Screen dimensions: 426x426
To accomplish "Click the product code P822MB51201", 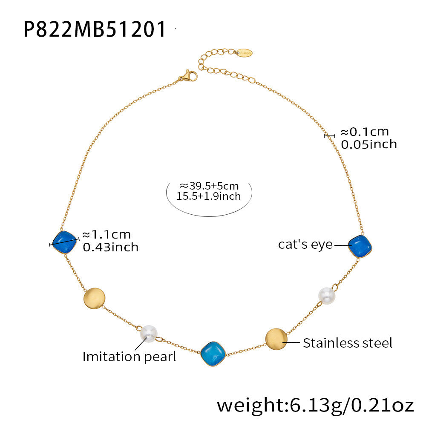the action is tap(95, 29).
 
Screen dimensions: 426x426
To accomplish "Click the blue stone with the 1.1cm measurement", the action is tap(64, 242).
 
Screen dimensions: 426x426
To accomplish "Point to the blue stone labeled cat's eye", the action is tap(360, 246).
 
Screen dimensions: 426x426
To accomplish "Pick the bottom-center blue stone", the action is tap(213, 354).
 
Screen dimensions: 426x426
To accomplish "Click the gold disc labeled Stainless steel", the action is tap(276, 339).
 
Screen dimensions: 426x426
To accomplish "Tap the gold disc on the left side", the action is tap(94, 298).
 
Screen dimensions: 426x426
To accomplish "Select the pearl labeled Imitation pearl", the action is tap(149, 334).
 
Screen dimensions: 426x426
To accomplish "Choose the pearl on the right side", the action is tap(327, 296).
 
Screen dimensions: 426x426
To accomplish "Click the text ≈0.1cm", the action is tap(365, 132).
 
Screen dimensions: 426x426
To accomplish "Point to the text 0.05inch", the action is tap(369, 144).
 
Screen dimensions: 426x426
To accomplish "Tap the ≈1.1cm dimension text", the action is tap(106, 234).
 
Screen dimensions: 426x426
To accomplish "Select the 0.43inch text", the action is tap(111, 247).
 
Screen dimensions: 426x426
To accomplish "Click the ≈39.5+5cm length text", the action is tap(209, 186).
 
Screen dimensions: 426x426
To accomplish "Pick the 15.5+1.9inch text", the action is tap(209, 196).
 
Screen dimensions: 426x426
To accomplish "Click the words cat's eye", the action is tap(305, 244).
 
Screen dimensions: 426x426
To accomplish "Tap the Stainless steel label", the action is tap(348, 343).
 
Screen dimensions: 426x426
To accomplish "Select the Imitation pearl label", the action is tap(130, 357).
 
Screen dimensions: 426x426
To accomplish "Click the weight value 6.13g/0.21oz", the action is tap(351, 405).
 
